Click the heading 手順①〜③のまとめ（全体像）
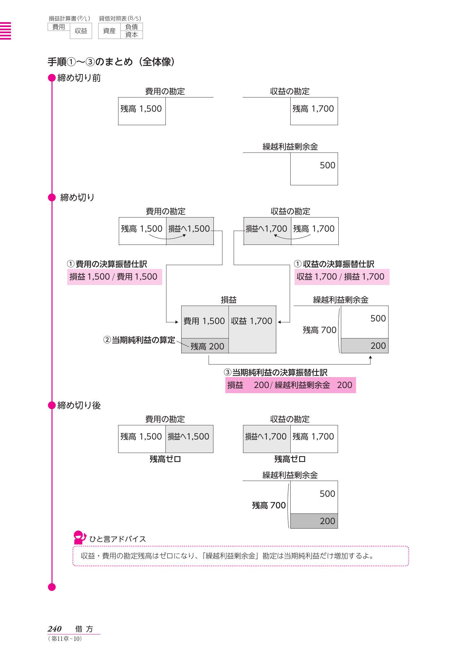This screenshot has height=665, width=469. click(x=111, y=62)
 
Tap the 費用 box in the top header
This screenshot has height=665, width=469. click(x=59, y=27)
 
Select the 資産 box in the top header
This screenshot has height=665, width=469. click(x=109, y=31)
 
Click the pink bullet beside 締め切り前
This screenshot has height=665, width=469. click(x=52, y=78)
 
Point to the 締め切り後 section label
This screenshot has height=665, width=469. click(x=79, y=405)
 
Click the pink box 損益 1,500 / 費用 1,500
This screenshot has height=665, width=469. click(x=114, y=277)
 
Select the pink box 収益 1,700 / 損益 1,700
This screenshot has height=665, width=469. click(x=341, y=277)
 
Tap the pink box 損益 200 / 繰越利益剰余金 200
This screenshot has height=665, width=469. click(x=290, y=385)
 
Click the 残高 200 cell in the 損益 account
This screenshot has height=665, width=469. click(x=205, y=346)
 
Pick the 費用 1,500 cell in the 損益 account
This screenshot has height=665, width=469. click(x=204, y=321)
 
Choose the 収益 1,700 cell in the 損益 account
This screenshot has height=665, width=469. click(x=252, y=321)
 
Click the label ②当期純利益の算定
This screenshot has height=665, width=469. click(x=139, y=340)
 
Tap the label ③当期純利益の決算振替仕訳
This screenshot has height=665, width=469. click(x=276, y=373)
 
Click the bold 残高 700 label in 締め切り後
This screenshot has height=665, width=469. click(x=269, y=505)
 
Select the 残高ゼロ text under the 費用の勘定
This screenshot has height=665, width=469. click(x=165, y=459)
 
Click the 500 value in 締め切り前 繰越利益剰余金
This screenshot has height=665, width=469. click(x=327, y=165)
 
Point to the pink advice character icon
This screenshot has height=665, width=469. click(x=80, y=537)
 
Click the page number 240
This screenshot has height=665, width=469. click(x=55, y=629)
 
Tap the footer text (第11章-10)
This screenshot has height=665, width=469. click(x=65, y=639)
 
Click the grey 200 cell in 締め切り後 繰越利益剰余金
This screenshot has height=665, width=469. click(x=314, y=521)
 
